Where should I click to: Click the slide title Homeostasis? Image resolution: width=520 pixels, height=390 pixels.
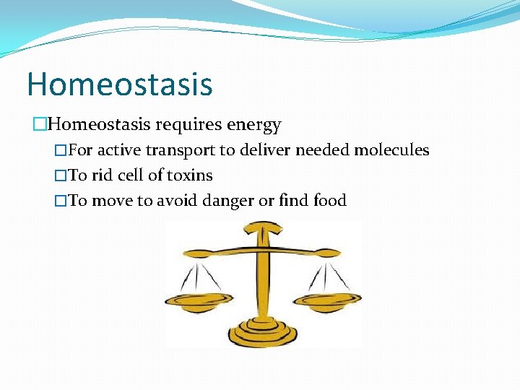(120, 84)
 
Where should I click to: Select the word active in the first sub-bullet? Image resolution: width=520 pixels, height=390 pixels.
(119, 150)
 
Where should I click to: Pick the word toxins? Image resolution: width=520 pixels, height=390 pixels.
(189, 175)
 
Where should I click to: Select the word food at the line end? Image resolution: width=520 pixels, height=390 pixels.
(330, 200)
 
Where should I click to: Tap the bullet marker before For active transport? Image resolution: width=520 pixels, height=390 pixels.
(61, 151)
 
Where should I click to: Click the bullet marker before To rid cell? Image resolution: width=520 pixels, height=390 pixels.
(61, 175)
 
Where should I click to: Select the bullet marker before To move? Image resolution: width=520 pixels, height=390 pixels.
(61, 201)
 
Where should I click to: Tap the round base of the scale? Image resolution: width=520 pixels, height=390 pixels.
(263, 334)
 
